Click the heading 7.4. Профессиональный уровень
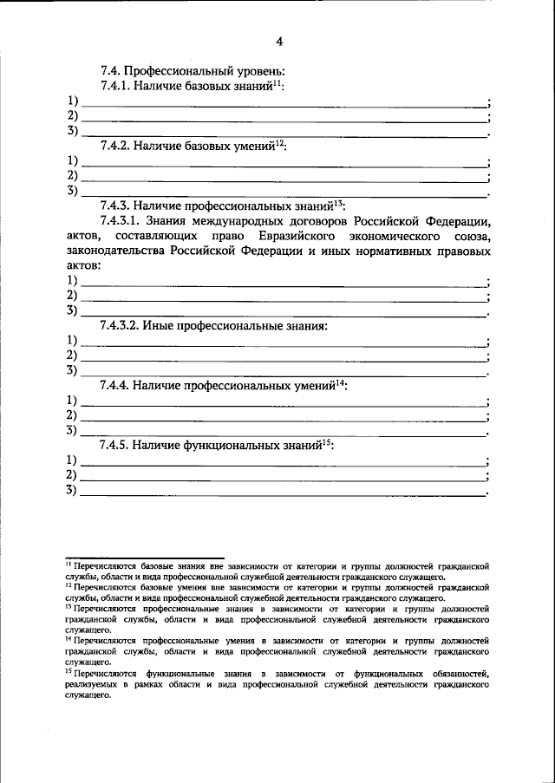point(193,71)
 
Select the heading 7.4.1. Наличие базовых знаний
point(191,87)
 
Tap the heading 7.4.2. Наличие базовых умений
point(192,147)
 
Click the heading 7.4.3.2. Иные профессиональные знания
point(213,326)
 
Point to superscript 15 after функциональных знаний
point(327,442)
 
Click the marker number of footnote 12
point(69,585)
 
